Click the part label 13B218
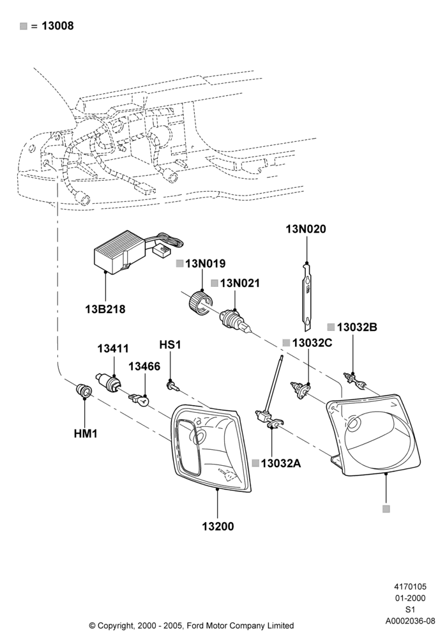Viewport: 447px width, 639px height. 105,309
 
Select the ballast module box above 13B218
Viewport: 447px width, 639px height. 118,251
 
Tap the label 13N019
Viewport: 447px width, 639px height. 205,264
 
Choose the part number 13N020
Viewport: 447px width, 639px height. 306,229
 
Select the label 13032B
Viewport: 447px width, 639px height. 357,327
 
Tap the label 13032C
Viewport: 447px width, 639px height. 312,343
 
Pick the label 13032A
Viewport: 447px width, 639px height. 281,463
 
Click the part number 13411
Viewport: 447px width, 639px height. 113,348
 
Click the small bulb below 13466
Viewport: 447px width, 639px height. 140,400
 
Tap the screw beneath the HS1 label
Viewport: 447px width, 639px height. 173,385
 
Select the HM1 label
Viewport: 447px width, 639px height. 86,434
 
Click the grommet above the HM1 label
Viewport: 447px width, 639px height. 84,391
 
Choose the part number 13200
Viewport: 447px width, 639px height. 218,526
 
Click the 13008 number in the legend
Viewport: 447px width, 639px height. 58,26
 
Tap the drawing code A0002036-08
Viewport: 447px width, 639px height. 411,621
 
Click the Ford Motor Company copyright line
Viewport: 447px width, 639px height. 192,625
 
